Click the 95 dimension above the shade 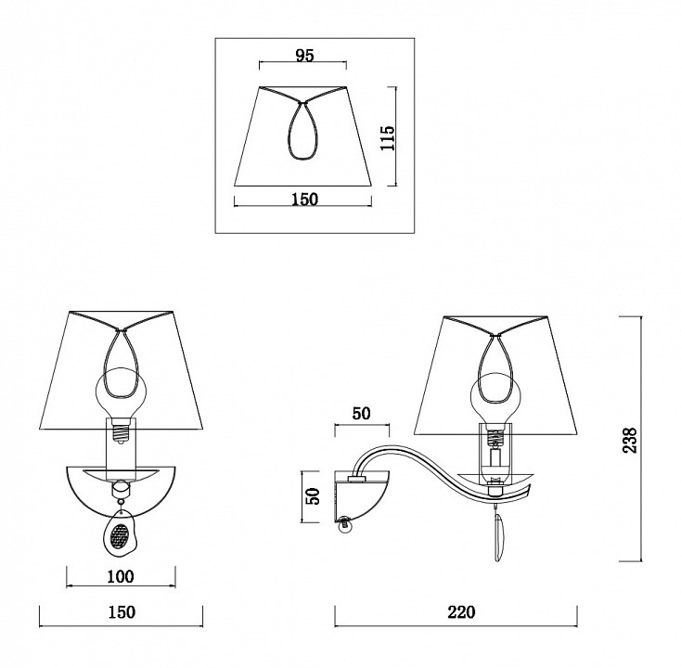304,55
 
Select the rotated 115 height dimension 388,137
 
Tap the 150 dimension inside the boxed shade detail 304,199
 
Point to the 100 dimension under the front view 121,576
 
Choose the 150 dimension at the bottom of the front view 122,612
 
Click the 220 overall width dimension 461,612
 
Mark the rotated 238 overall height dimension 630,440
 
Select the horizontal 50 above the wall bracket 361,414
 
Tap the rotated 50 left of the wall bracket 313,496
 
